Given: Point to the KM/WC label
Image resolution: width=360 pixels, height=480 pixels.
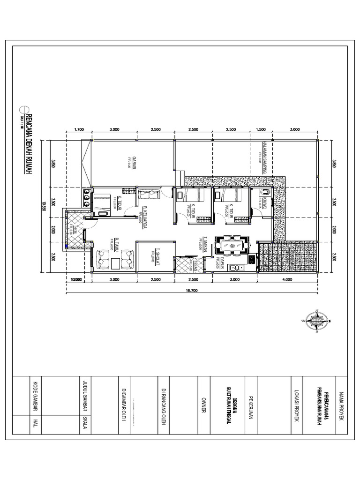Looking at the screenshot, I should [x=265, y=203].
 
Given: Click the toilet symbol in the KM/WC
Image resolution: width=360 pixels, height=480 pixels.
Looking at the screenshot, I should [x=265, y=192].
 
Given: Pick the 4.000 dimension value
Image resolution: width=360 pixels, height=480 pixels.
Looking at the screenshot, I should [x=287, y=280].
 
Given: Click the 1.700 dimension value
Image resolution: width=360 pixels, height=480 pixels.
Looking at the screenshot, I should [x=79, y=130].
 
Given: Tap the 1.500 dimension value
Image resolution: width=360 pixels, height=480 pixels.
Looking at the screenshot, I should [x=261, y=130].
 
